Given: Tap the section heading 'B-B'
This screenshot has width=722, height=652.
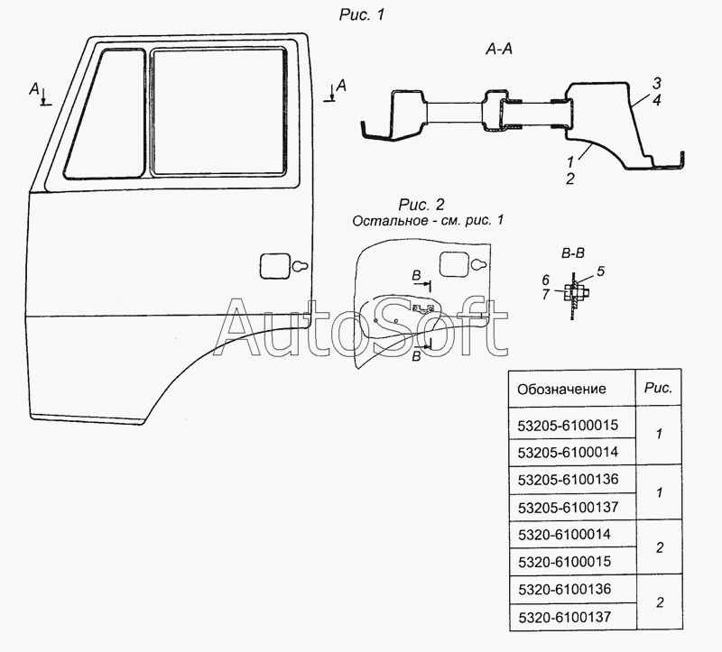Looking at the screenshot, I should coord(570,255).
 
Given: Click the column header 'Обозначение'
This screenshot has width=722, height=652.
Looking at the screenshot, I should coord(560,390).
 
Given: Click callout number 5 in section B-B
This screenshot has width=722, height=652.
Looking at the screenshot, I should coord(601,271).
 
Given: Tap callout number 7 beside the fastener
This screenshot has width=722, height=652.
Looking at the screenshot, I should coord(545,295).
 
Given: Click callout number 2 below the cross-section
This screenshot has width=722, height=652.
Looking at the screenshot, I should coord(569,179).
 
